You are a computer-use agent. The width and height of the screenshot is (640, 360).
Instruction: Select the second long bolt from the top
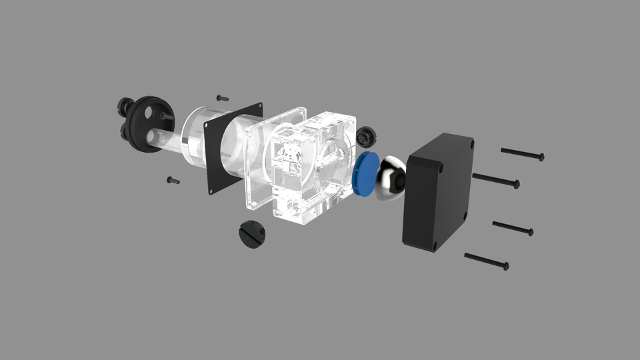(x=495, y=180)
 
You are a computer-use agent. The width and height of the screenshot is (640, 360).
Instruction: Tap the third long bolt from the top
(x=512, y=227)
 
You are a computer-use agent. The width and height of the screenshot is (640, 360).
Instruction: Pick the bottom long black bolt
(x=486, y=261)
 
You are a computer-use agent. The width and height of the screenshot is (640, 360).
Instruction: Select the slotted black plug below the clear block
(x=252, y=235)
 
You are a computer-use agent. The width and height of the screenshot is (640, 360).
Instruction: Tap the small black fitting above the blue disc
(x=365, y=137)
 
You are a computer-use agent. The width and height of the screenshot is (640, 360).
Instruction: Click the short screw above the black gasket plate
(x=223, y=98)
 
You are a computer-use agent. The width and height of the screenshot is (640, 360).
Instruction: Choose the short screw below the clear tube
(x=173, y=180)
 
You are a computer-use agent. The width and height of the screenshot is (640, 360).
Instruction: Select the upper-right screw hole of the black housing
(x=471, y=143)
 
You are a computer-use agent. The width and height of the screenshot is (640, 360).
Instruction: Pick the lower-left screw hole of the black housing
(x=435, y=245)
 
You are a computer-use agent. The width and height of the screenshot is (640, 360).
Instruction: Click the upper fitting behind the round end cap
(x=124, y=105)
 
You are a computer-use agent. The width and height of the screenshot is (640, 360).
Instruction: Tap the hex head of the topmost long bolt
(x=541, y=157)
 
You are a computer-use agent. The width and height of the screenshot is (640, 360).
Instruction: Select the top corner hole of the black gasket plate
(x=258, y=107)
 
